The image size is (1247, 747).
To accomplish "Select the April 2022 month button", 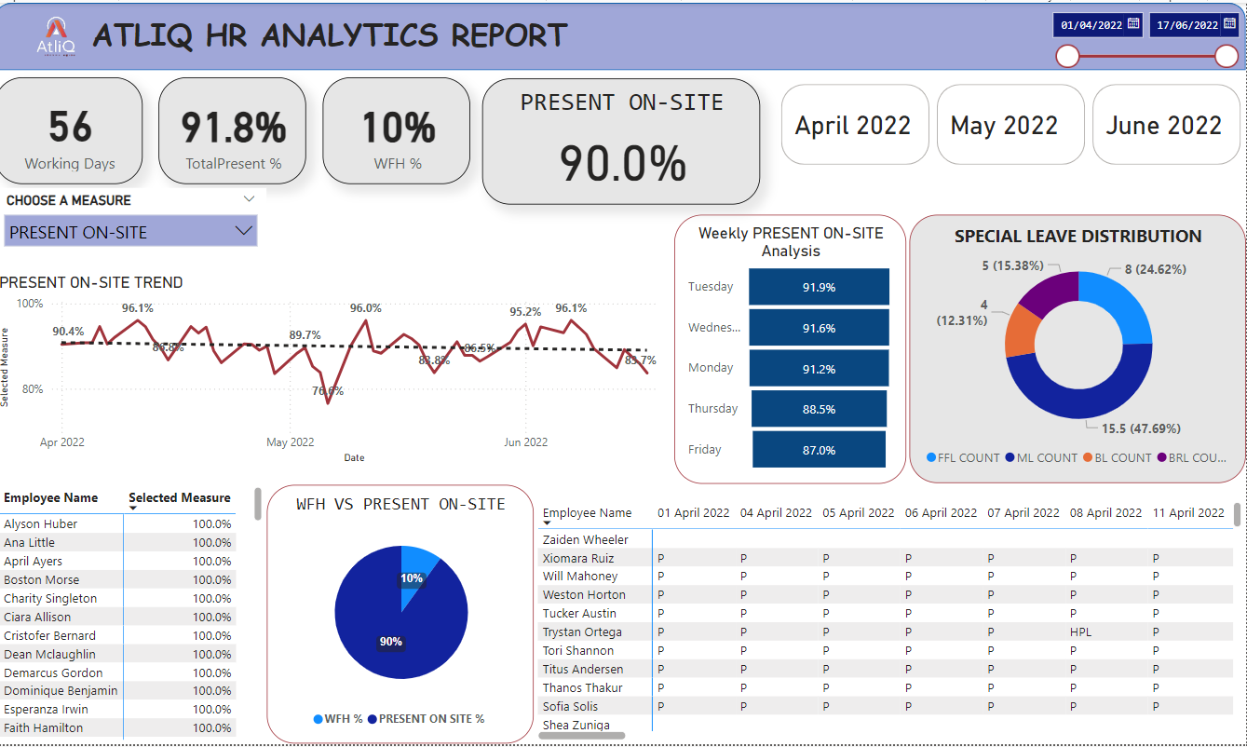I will [853, 125].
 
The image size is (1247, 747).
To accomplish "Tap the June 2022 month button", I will [1163, 125].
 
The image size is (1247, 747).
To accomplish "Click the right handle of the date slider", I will [1227, 57].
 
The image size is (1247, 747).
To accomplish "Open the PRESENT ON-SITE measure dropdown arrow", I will [244, 231].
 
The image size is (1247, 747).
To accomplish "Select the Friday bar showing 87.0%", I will [819, 450].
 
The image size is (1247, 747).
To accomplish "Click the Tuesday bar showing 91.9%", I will [819, 287].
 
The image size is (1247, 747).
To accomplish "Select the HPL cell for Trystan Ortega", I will [1080, 632].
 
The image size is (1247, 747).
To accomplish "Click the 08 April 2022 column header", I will [1105, 512].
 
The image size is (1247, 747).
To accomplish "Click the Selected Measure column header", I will [179, 498].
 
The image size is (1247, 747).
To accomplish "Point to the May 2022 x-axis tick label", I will [291, 442].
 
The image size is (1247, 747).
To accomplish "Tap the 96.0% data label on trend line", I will [365, 308].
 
